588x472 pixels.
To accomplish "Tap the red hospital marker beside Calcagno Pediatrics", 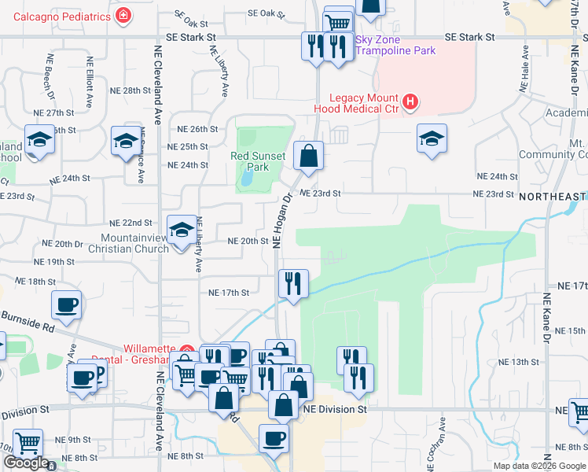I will click(123, 15).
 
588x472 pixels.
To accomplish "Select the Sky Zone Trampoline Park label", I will click(395, 46).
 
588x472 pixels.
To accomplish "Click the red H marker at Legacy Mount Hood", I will click(410, 101).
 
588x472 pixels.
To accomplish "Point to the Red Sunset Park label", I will click(258, 161).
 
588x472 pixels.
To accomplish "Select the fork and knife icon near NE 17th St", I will click(293, 282).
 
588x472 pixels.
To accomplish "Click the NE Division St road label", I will click(336, 410).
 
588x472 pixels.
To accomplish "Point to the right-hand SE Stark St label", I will click(470, 37).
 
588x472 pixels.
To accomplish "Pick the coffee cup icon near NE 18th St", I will click(66, 304).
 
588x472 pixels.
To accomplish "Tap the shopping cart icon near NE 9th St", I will click(28, 443).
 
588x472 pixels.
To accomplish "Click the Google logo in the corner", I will click(25, 463).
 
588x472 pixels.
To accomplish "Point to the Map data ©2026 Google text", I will click(538, 466).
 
